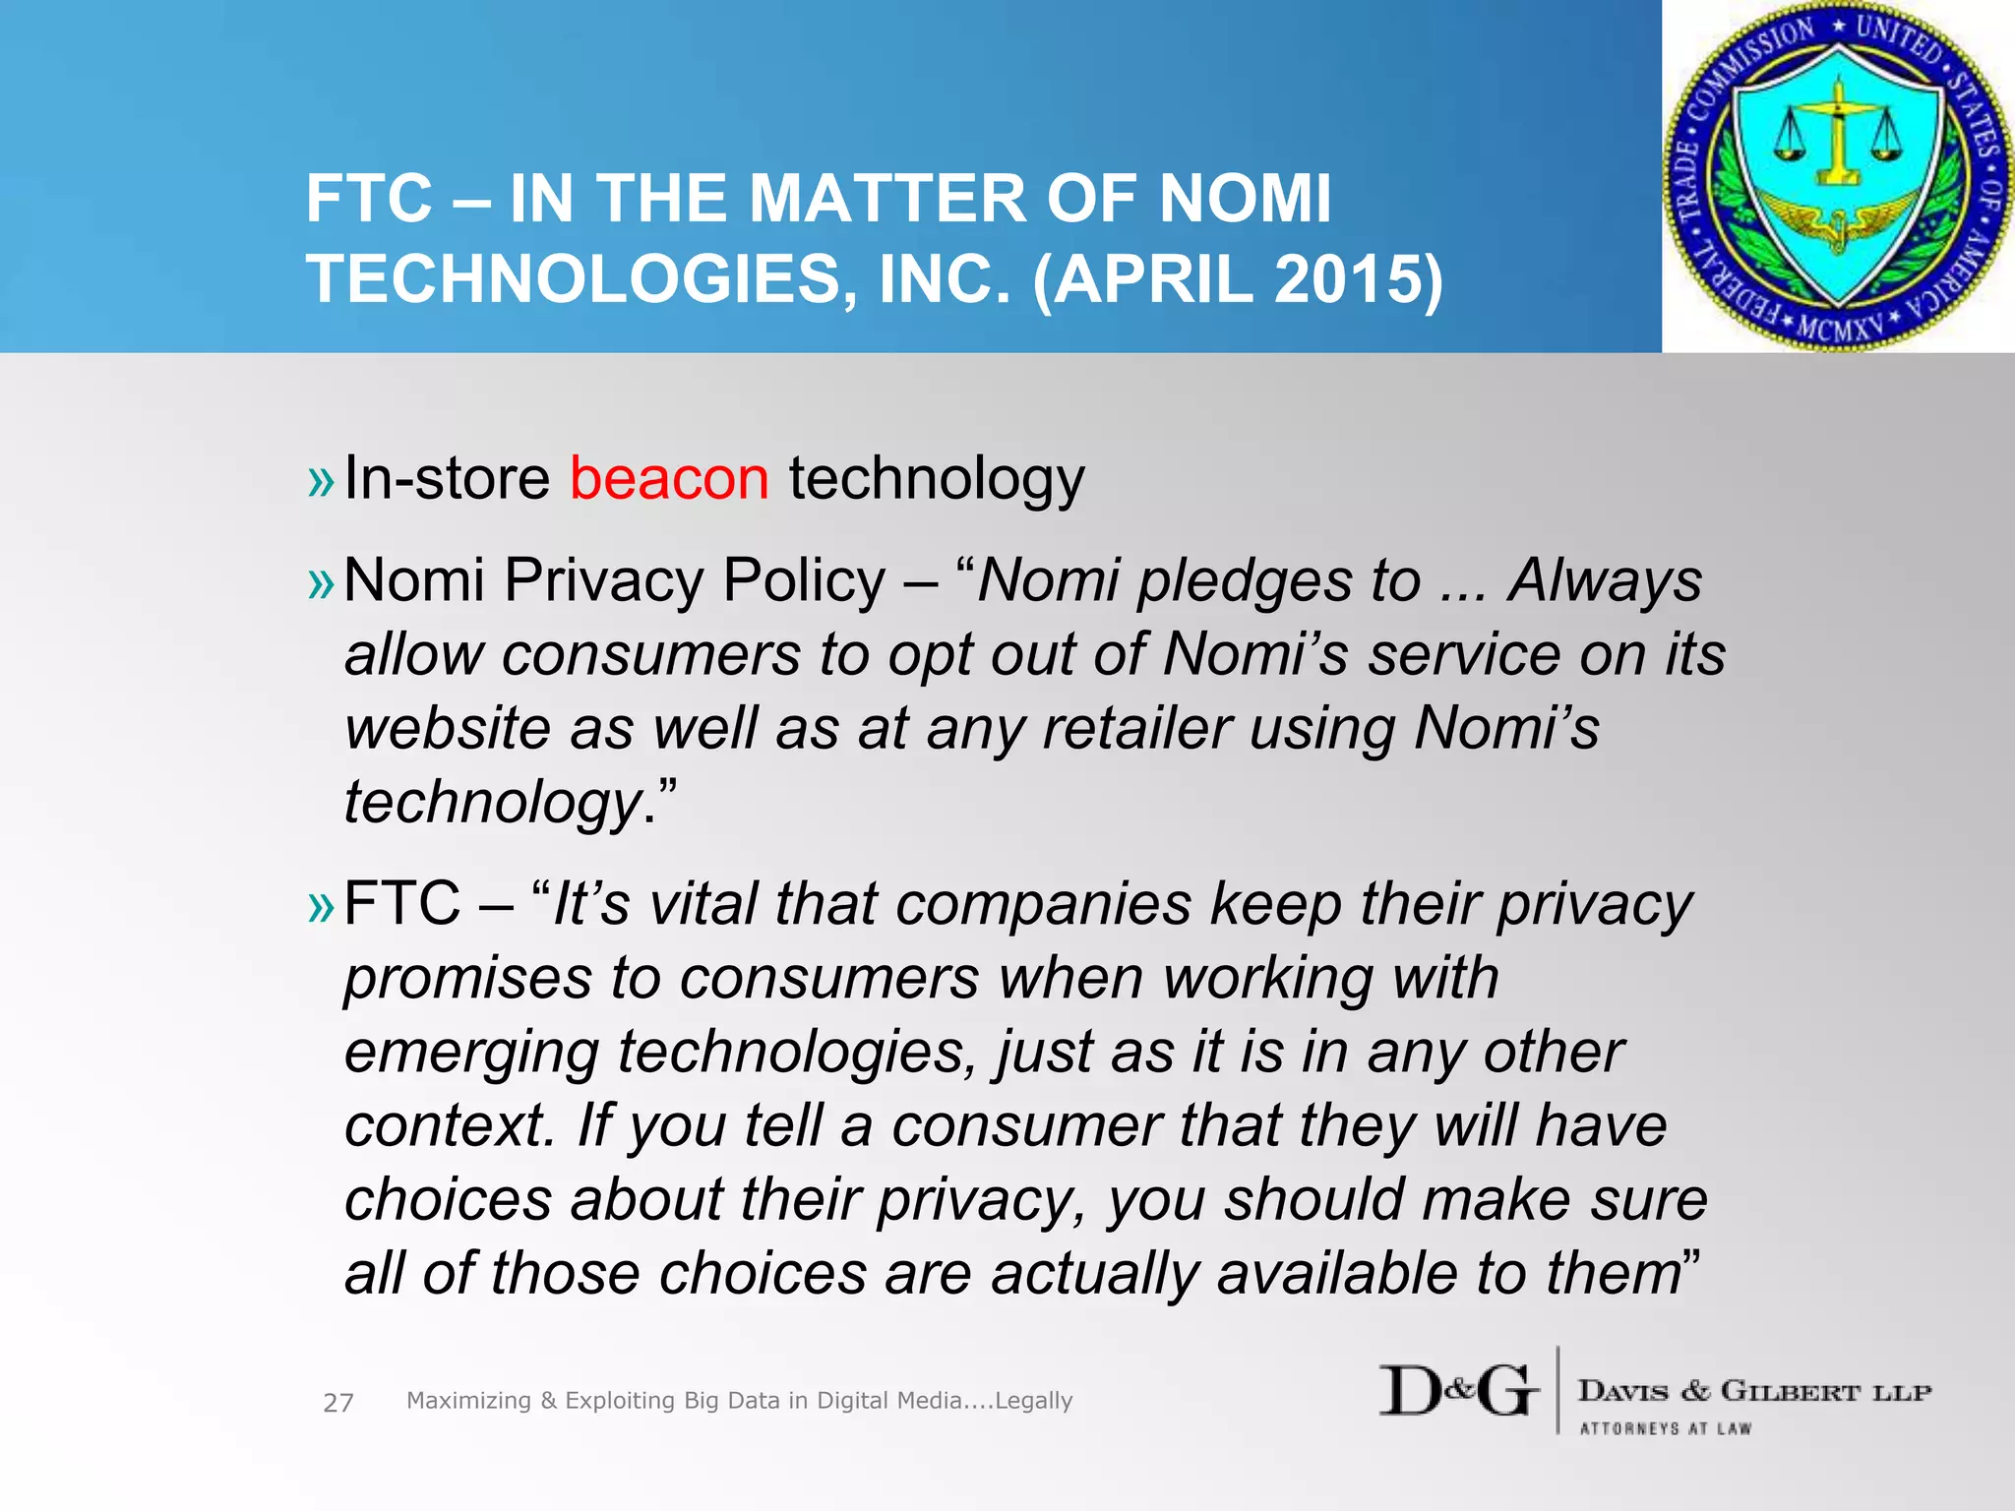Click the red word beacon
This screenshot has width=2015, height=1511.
pos(669,479)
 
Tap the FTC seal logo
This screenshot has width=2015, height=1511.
pos(1836,177)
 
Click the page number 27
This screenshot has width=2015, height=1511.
pos(337,1403)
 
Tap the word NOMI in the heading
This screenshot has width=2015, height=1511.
pos(1245,199)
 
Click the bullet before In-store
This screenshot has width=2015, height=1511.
pos(321,482)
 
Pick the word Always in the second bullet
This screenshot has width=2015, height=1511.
pos(1605,580)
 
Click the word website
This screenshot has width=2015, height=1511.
pos(488,729)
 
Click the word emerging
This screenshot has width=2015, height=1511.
pos(470,1053)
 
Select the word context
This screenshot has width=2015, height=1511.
pos(450,1125)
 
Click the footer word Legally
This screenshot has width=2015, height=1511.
pos(1033,1401)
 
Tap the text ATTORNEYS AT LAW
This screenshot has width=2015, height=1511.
pos(1666,1428)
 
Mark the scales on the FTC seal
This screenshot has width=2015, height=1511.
pos(1836,138)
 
